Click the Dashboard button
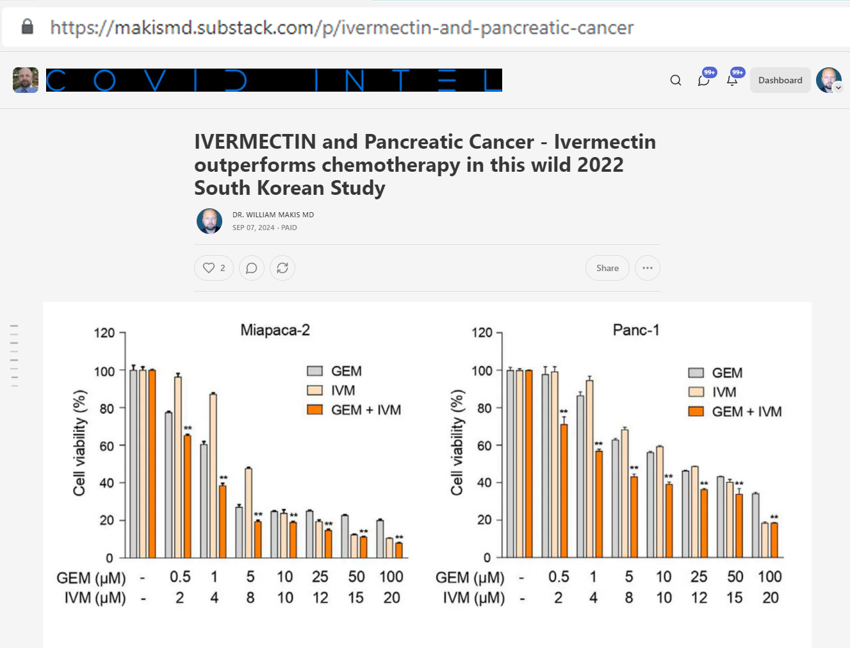(x=780, y=80)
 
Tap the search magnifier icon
(x=675, y=80)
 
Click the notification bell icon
(x=732, y=80)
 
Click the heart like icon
(x=209, y=268)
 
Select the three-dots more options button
(x=647, y=268)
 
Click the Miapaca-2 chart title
(x=275, y=330)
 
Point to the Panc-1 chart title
(x=635, y=330)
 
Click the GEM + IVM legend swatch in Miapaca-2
(x=315, y=410)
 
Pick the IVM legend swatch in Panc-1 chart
(x=696, y=392)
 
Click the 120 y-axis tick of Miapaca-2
(x=104, y=333)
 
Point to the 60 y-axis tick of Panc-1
(x=484, y=445)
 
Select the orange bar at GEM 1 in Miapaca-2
(x=222, y=521)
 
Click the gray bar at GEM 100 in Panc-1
(x=755, y=525)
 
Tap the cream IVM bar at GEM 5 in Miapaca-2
(x=248, y=513)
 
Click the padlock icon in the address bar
(x=27, y=27)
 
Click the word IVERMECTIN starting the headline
(x=255, y=142)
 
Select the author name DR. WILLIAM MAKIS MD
(x=273, y=215)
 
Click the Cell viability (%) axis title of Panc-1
(x=457, y=442)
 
